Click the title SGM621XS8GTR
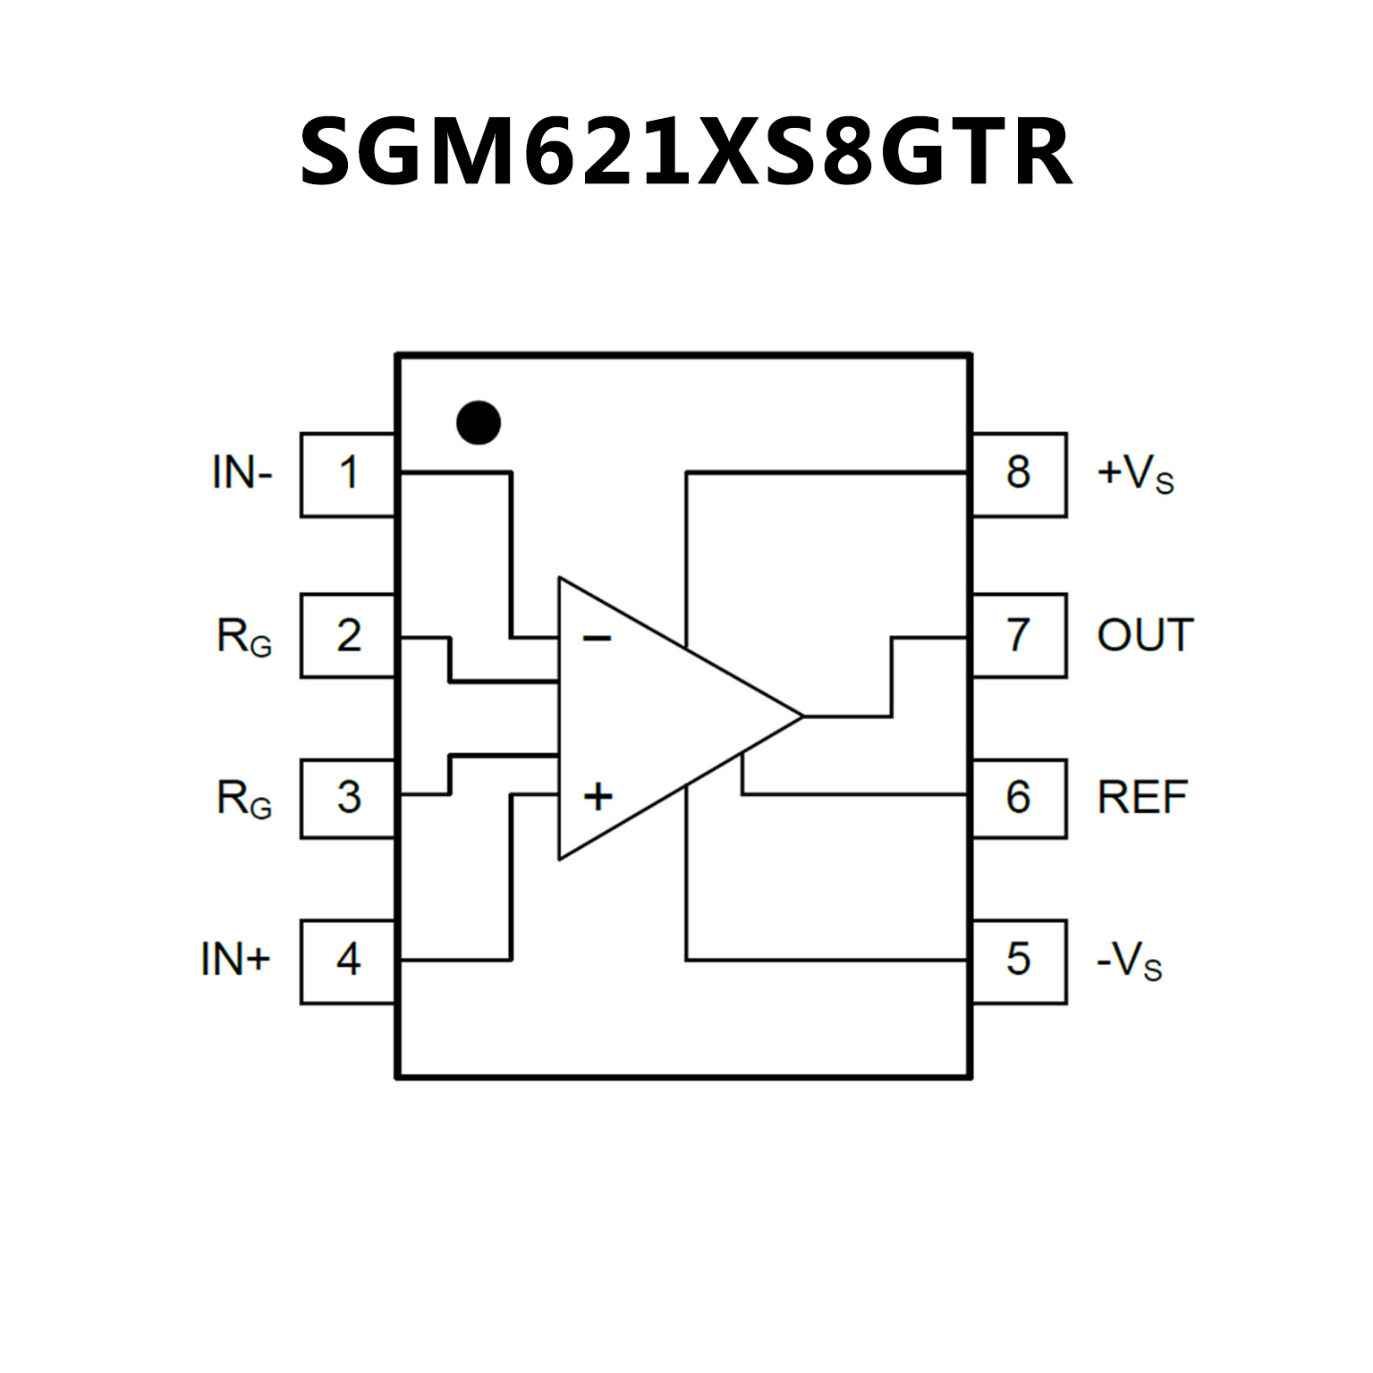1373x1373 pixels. pyautogui.click(x=685, y=152)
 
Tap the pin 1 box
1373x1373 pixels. pyautogui.click(x=348, y=474)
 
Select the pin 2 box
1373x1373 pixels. pyautogui.click(x=348, y=635)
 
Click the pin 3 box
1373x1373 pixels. pyautogui.click(x=348, y=797)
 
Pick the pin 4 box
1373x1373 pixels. pyautogui.click(x=348, y=961)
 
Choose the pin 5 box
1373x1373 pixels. pyautogui.click(x=1019, y=961)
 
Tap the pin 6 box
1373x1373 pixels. pyautogui.click(x=1019, y=797)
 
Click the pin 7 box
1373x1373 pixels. pyautogui.click(x=1019, y=635)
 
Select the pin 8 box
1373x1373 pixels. pyautogui.click(x=1019, y=474)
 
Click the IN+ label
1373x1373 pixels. pyautogui.click(x=235, y=960)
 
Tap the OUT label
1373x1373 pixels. pyautogui.click(x=1145, y=635)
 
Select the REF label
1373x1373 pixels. pyautogui.click(x=1142, y=797)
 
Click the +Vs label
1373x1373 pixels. pyautogui.click(x=1135, y=475)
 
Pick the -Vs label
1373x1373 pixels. pyautogui.click(x=1129, y=962)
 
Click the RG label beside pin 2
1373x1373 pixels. pyautogui.click(x=244, y=638)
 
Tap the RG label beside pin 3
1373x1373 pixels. pyautogui.click(x=244, y=799)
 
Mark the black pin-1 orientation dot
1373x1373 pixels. pyautogui.click(x=478, y=422)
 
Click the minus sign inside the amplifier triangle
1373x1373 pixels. pyautogui.click(x=597, y=638)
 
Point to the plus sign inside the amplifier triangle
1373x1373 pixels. pyautogui.click(x=598, y=795)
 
